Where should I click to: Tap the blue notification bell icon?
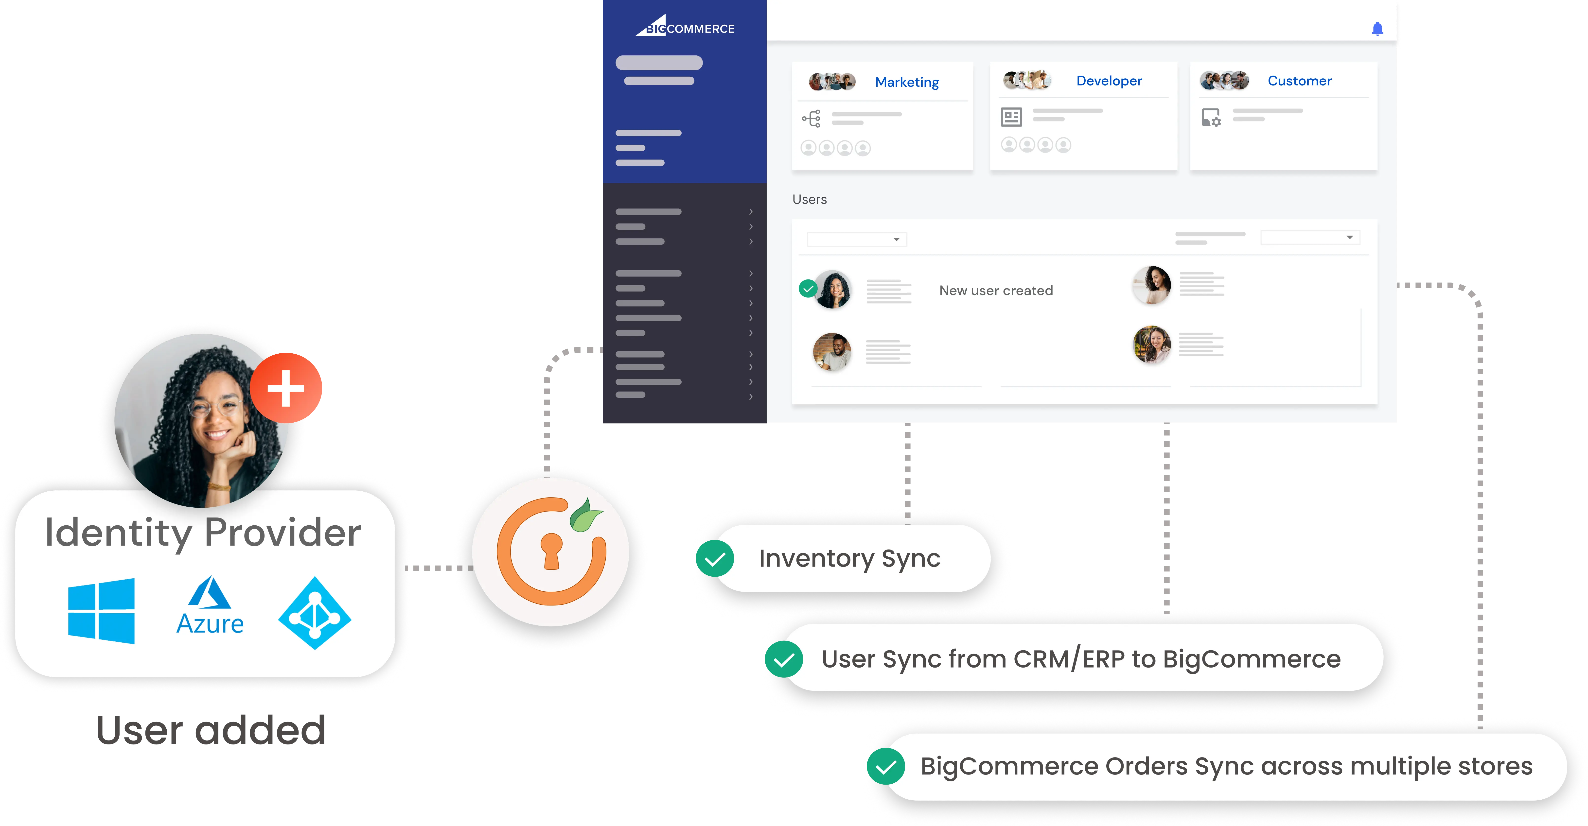1377,28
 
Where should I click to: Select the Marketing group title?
907,82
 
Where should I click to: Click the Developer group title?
1108,81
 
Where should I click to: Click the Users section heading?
810,199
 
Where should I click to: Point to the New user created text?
996,290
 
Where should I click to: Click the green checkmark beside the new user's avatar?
808,289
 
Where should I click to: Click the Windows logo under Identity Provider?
101,610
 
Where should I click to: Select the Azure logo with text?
210,606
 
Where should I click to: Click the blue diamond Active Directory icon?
315,613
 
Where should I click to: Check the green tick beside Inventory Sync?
715,558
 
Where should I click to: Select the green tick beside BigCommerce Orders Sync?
886,766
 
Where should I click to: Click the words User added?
211,730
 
